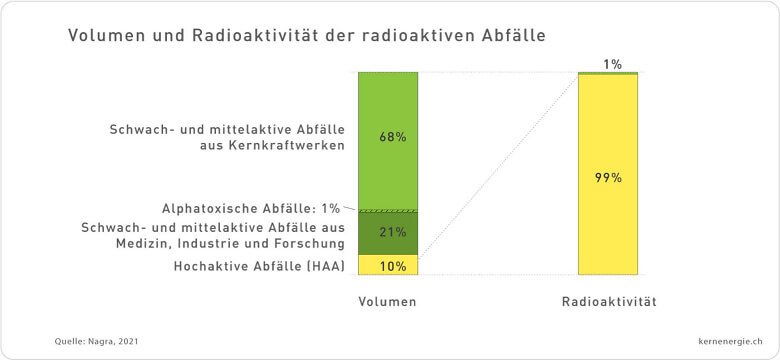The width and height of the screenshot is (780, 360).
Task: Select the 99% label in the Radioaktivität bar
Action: [x=608, y=178]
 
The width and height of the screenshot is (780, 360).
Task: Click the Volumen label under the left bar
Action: [x=388, y=301]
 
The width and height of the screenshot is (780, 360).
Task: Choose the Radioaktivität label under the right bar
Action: [x=608, y=301]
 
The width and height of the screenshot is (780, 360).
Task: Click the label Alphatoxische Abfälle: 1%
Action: [x=250, y=208]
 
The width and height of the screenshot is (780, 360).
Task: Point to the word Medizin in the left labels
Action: [x=167, y=243]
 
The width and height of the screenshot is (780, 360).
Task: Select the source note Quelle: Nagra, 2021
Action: [x=97, y=342]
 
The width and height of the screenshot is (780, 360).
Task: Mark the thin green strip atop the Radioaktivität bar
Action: [x=608, y=73]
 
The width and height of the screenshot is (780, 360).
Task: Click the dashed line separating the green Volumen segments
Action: [x=388, y=210]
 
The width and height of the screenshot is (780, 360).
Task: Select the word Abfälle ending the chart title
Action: [x=513, y=36]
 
